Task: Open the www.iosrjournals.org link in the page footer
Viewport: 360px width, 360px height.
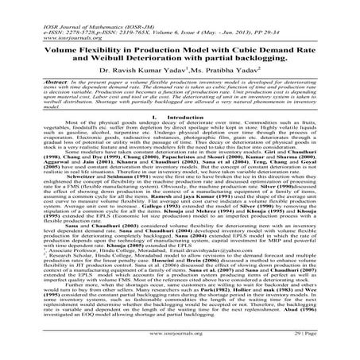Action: [x=180, y=347]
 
